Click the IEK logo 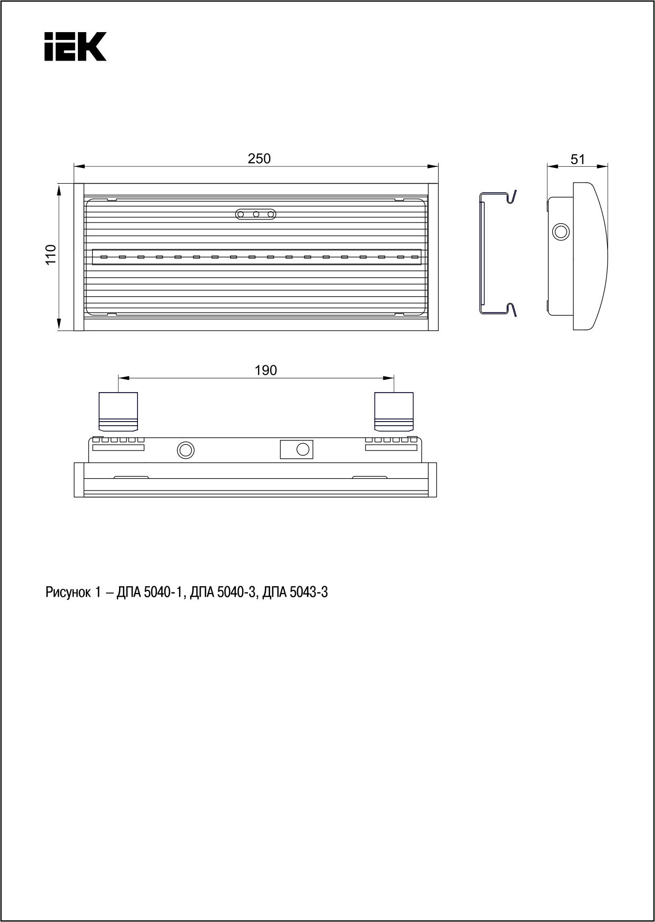pos(75,46)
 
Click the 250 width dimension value pos(259,158)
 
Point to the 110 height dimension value pos(51,255)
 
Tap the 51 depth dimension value pos(578,159)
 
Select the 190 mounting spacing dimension pos(265,370)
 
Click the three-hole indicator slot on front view pos(256,214)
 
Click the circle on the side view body pos(560,231)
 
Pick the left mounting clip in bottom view pos(118,411)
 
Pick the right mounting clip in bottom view pos(394,411)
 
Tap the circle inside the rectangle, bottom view pos(302,449)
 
